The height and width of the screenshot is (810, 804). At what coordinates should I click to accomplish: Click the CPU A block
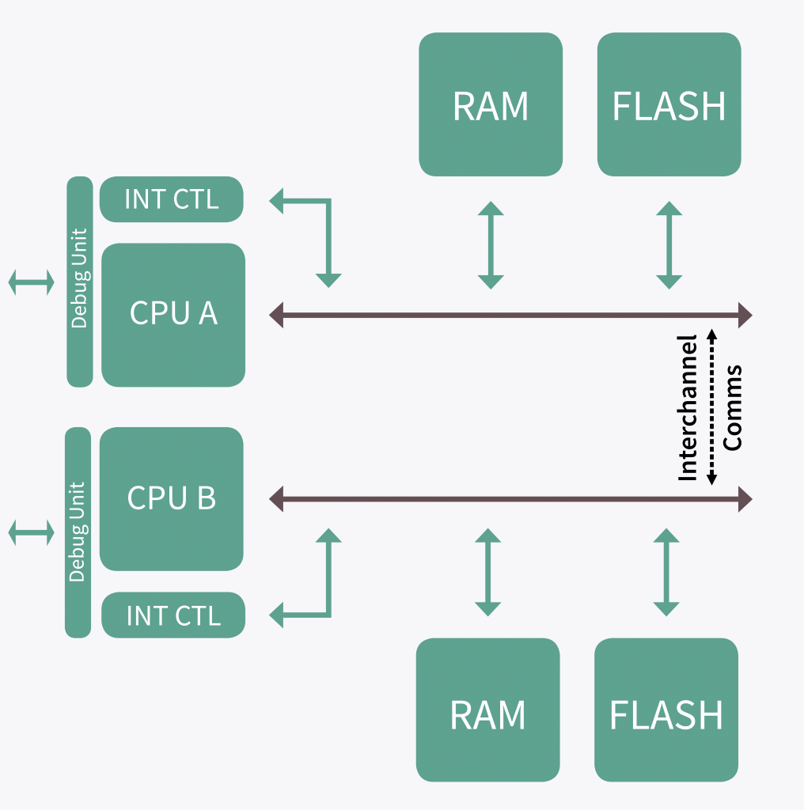[173, 315]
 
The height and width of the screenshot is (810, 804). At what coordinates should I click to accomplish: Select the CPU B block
[171, 498]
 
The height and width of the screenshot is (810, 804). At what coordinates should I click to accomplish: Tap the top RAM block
[491, 104]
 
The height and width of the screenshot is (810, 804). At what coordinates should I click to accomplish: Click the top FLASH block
[669, 104]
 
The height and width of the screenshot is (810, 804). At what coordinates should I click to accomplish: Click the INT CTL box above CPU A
[171, 199]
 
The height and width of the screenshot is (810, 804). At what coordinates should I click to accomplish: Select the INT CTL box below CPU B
[173, 615]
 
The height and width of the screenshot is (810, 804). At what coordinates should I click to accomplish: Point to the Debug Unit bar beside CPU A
[80, 282]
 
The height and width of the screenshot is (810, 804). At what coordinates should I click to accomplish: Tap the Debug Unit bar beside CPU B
[78, 532]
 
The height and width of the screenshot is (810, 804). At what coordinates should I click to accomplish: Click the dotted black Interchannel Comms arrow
[711, 407]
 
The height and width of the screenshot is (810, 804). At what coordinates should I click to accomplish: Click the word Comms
[734, 407]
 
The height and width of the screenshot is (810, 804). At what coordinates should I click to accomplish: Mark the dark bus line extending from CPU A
[510, 316]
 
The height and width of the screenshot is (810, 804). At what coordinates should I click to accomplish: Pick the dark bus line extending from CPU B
[510, 499]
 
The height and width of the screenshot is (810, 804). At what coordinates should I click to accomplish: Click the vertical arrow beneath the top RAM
[491, 245]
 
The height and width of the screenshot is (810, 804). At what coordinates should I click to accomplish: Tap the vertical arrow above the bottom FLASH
[666, 573]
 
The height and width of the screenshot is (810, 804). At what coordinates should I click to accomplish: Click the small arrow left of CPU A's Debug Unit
[32, 282]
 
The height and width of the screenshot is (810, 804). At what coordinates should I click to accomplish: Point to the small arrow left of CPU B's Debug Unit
[32, 532]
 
